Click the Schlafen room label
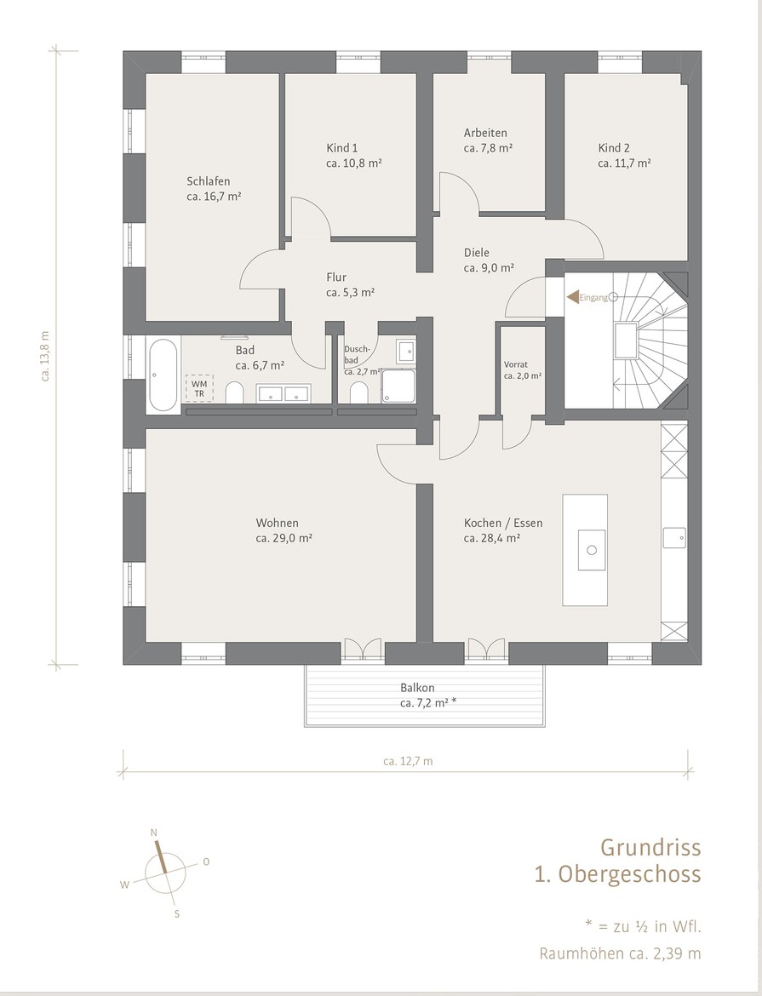pos(209,181)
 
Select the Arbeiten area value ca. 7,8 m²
pos(488,148)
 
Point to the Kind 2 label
pos(614,148)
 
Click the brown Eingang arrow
pos(573,296)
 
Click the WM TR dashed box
pos(199,388)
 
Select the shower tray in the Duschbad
pos(398,386)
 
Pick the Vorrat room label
pos(515,364)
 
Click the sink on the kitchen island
pos(593,549)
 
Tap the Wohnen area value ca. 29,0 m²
pos(284,538)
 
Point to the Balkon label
pos(417,687)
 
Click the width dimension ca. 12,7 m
pos(408,761)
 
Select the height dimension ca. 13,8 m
pos(45,356)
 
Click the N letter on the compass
pos(153,833)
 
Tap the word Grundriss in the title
pos(650,847)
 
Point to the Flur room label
pos(336,277)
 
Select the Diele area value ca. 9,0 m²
pos(489,268)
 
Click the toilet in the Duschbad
pos(359,392)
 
